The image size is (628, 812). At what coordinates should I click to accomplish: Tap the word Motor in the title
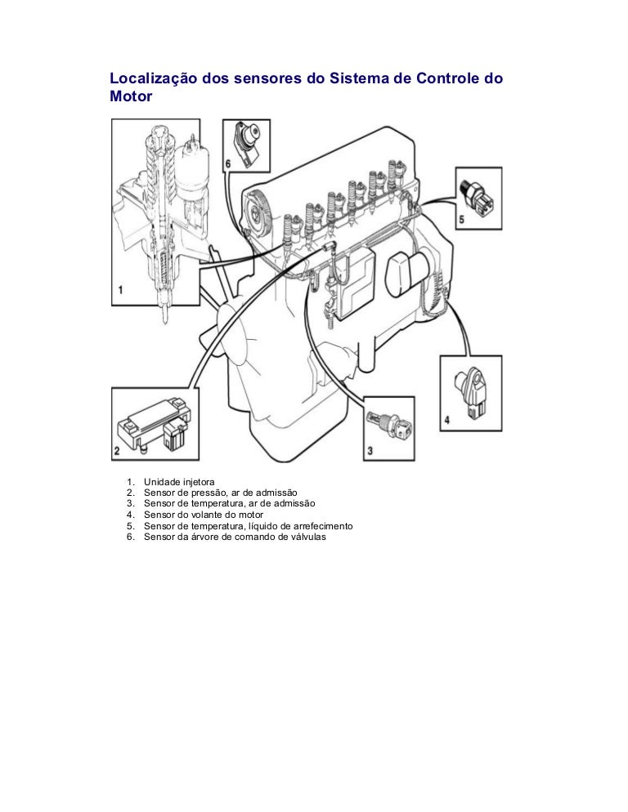(132, 96)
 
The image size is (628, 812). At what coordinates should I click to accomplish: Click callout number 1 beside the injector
(120, 289)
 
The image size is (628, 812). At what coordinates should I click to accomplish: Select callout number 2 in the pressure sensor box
(118, 451)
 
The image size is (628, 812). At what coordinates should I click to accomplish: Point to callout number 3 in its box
(370, 450)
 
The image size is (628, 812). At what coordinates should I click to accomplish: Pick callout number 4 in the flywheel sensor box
(447, 420)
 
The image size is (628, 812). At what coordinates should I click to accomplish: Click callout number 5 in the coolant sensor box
(461, 220)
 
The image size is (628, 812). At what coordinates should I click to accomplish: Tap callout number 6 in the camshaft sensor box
(228, 163)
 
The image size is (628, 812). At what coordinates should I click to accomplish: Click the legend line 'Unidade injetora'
(179, 482)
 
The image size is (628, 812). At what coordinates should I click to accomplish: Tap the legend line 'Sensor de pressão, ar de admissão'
(219, 493)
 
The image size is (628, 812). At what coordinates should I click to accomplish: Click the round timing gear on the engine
(262, 207)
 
